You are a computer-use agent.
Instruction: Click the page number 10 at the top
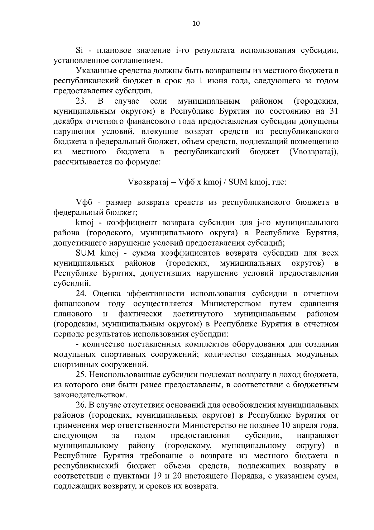tap(196, 23)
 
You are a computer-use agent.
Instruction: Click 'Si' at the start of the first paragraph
tap(79, 51)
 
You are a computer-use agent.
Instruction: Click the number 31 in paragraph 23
tap(333, 111)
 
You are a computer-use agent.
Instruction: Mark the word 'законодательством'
tap(90, 395)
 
